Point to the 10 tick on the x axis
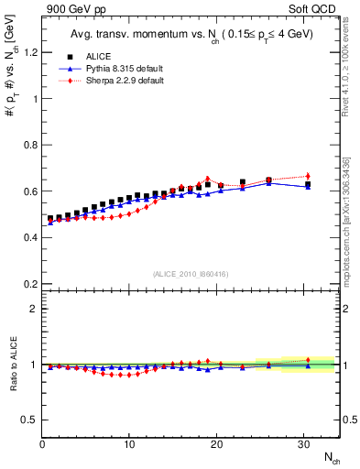(129, 444)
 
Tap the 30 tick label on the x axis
(303, 444)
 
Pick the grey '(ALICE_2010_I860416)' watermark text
(191, 274)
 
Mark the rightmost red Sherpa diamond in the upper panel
(308, 176)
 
